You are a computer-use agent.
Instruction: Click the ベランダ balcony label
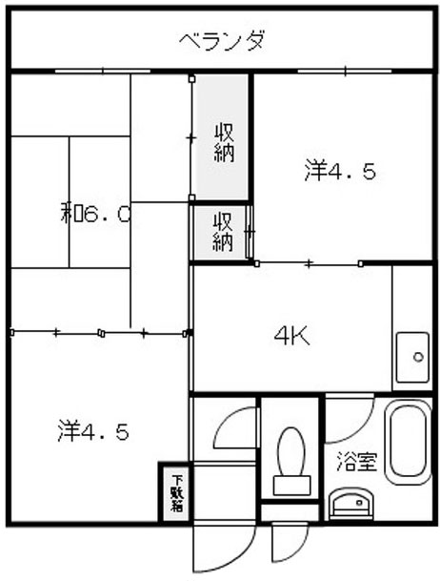point(221,41)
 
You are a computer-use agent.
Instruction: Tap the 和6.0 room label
point(96,214)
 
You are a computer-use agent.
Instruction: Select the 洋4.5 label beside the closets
point(340,171)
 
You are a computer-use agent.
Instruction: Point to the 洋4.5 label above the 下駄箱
point(92,430)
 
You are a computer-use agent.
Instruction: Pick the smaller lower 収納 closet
point(222,232)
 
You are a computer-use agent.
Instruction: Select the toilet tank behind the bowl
point(290,483)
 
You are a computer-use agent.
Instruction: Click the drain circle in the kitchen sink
point(416,358)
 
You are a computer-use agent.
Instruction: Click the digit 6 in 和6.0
point(93,215)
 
